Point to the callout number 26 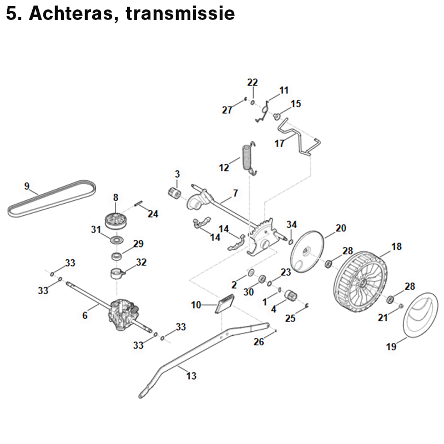[x=259, y=342]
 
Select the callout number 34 [x=292, y=224]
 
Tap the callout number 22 [x=253, y=82]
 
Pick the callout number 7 [x=235, y=193]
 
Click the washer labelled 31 [x=117, y=239]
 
